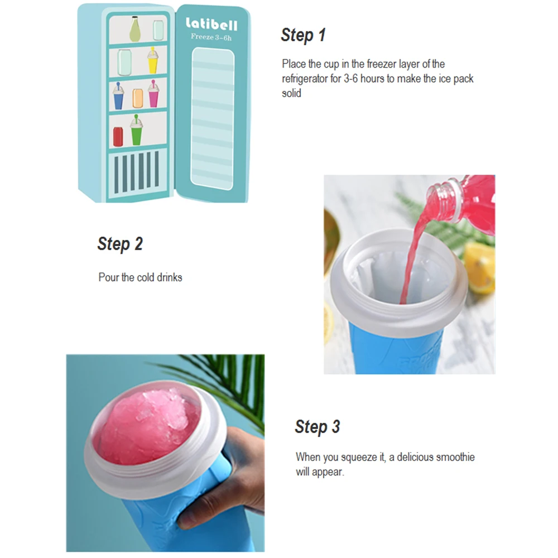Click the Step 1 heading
coord(303,35)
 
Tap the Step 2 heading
coord(120,244)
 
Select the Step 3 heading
coord(317,427)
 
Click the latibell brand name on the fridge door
coord(211,25)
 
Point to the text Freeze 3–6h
coord(211,38)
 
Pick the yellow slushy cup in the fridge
coord(152,60)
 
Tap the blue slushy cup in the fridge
coord(118,97)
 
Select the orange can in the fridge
coord(138,98)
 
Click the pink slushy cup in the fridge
coord(153,94)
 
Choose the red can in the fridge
coord(118,136)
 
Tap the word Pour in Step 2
coord(108,277)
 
